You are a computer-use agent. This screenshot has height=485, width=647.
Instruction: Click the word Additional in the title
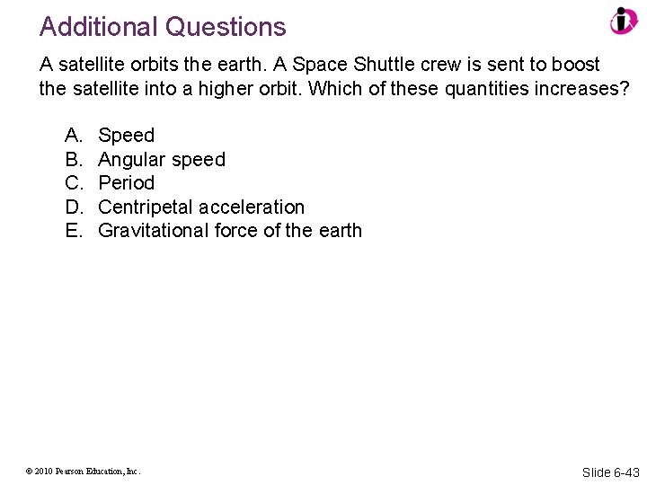point(99,27)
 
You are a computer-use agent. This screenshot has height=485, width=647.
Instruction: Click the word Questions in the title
point(225,27)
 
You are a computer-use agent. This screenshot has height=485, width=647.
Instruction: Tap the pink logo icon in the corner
point(623,22)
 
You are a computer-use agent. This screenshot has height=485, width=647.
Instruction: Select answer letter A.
point(73,136)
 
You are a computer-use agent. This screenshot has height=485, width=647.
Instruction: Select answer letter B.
point(73,160)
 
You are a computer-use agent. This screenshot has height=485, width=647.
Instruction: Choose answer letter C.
point(73,183)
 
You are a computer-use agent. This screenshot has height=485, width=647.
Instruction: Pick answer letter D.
point(73,207)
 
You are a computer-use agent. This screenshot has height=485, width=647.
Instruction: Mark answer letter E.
point(73,231)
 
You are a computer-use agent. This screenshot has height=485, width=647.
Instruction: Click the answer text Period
point(126,183)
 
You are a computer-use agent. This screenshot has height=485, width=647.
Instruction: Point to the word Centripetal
point(146,207)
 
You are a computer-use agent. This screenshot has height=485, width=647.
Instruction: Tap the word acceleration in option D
point(252,207)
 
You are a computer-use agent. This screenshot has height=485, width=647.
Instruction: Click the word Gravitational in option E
point(154,231)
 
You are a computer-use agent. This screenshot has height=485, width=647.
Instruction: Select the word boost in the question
point(576,66)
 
